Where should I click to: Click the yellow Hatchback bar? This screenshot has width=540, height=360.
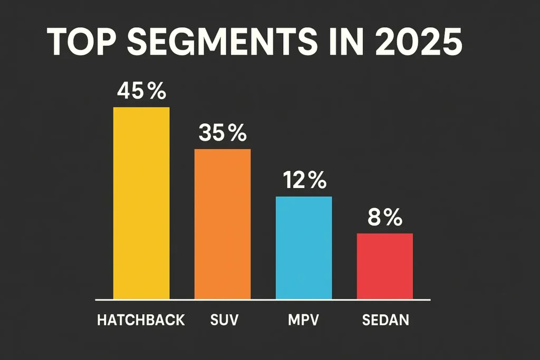[141, 203]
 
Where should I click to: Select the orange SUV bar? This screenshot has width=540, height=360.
[223, 224]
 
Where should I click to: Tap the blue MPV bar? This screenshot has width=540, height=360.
[304, 248]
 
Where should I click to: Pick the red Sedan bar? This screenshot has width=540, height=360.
[385, 266]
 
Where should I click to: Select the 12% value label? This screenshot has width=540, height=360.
[304, 181]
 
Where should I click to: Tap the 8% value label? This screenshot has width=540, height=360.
[385, 218]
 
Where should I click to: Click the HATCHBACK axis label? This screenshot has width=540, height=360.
[141, 320]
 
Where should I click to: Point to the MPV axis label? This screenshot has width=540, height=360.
[304, 320]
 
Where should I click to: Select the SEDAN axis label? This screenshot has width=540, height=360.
[385, 320]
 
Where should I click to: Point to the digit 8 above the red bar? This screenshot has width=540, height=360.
[374, 218]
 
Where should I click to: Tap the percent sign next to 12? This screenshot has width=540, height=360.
[317, 181]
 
